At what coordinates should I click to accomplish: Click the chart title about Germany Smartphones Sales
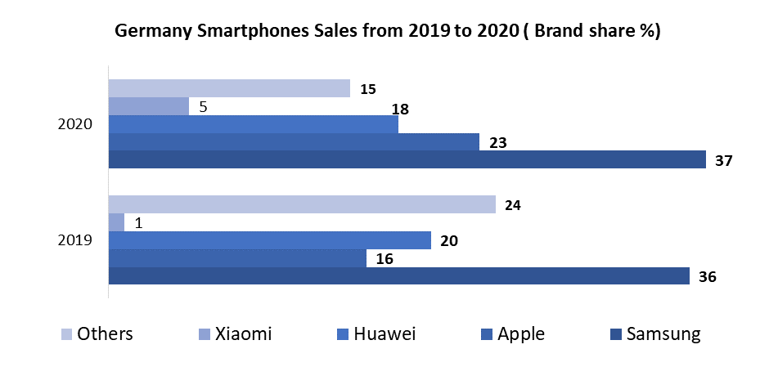[388, 32]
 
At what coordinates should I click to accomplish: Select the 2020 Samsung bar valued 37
[407, 159]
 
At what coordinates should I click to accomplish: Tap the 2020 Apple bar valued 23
[294, 141]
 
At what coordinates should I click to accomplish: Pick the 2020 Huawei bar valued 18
[253, 124]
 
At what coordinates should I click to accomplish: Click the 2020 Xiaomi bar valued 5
[148, 106]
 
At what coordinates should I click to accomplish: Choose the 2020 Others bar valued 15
[229, 88]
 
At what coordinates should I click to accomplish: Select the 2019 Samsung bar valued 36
[398, 276]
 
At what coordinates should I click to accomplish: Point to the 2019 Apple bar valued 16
[237, 258]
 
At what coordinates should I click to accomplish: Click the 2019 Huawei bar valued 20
[269, 240]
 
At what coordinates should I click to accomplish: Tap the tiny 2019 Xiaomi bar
[116, 222]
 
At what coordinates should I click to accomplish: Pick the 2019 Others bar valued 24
[302, 204]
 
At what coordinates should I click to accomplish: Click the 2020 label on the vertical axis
[74, 124]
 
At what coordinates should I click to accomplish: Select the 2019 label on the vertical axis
[74, 240]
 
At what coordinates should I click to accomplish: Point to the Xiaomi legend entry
[235, 333]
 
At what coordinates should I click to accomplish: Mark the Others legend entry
[97, 333]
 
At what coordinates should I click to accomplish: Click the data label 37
[723, 160]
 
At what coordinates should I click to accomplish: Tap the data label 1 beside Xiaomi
[138, 223]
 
